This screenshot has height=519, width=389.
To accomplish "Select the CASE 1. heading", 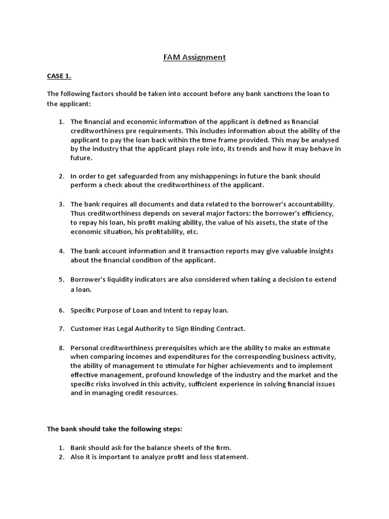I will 59,76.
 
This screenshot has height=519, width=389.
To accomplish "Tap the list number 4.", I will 61,251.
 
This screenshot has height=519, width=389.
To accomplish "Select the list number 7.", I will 61,328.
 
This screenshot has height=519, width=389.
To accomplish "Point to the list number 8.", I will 61,348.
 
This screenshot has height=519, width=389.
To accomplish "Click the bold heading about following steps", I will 114,429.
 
